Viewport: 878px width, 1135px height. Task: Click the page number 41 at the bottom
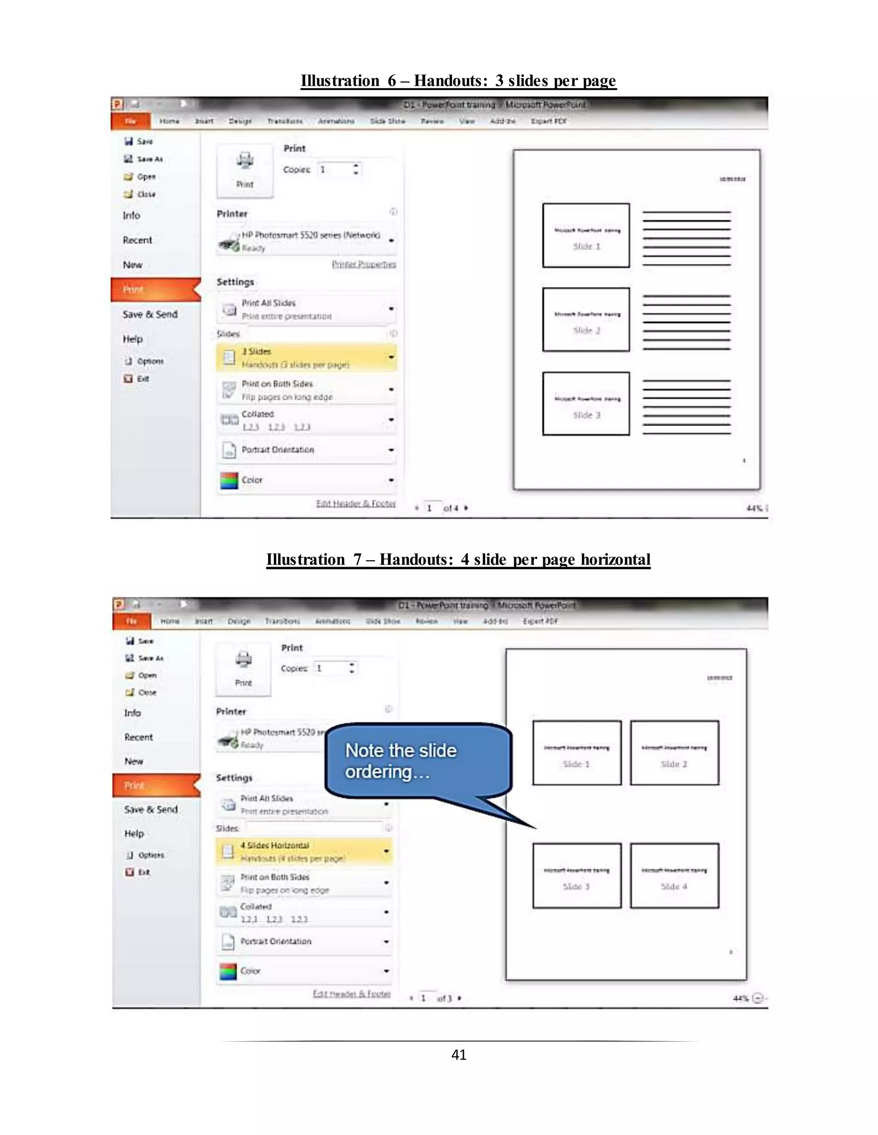[458, 1054]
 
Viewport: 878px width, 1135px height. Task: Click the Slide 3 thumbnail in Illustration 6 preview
[586, 403]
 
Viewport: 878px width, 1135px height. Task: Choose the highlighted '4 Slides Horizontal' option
[304, 852]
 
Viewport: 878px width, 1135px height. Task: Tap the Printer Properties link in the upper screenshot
[364, 264]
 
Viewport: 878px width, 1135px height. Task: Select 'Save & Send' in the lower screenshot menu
[151, 809]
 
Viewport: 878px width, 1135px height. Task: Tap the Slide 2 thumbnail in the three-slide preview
[586, 320]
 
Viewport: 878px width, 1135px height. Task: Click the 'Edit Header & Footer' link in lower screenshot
[351, 994]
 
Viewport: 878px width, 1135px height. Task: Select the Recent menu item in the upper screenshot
[137, 240]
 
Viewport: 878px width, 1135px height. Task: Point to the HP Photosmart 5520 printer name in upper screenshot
[310, 235]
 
